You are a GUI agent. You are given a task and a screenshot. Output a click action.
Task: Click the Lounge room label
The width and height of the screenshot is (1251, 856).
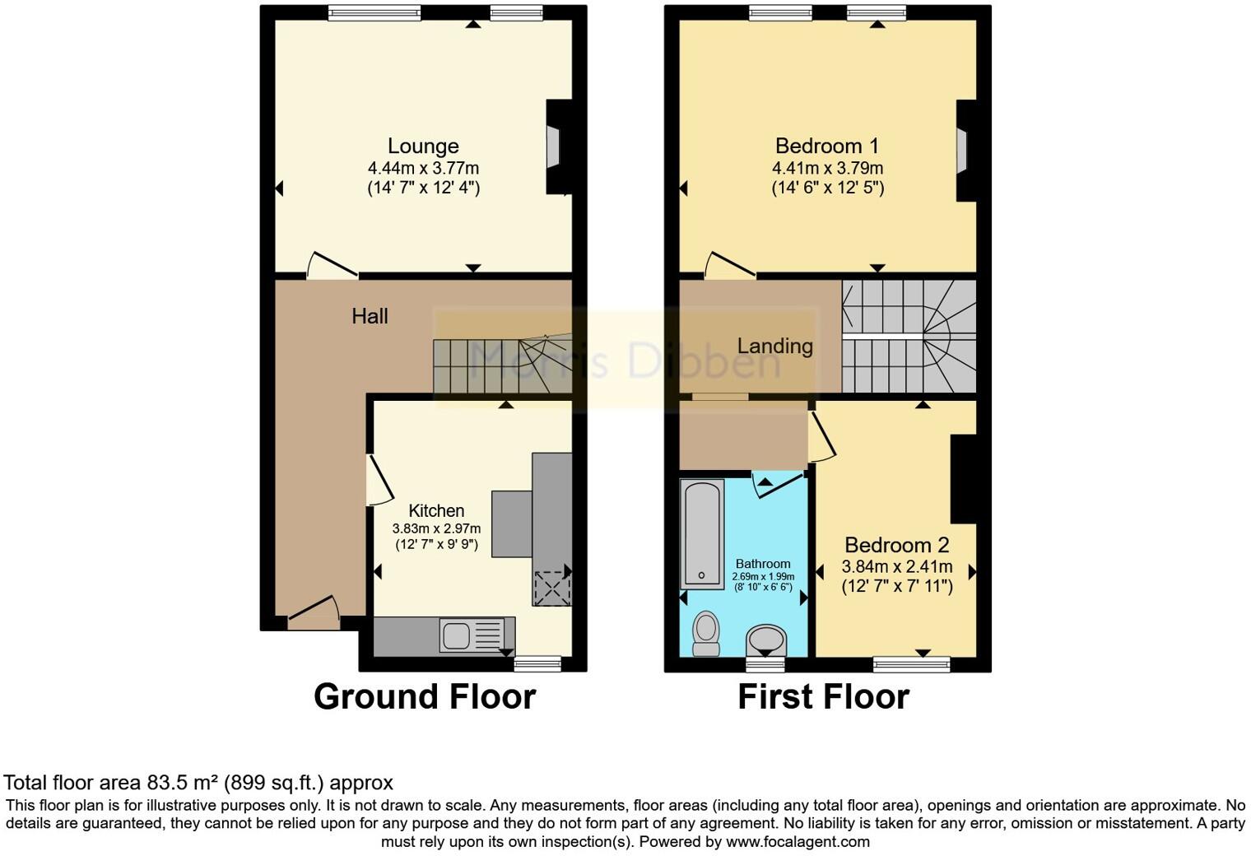click(x=423, y=147)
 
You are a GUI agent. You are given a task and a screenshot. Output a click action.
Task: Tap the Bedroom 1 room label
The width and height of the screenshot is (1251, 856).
click(x=827, y=147)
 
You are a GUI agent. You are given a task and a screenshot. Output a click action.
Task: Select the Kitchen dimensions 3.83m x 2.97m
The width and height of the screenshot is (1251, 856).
click(x=436, y=529)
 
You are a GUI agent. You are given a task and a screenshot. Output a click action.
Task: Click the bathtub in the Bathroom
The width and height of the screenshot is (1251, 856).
click(x=702, y=533)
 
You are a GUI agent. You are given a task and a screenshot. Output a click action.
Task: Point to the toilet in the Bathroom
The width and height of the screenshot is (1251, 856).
click(x=705, y=632)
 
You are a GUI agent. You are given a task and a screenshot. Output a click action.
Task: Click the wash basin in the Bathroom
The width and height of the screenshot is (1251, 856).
click(x=766, y=639)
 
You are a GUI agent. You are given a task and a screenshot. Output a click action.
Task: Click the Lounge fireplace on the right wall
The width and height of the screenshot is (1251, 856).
click(x=555, y=147)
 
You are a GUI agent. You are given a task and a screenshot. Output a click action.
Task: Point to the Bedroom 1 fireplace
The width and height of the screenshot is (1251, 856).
click(x=962, y=151)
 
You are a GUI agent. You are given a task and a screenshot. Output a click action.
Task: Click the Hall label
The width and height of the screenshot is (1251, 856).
click(x=370, y=316)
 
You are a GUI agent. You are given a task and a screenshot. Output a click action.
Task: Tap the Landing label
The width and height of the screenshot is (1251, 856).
click(x=774, y=347)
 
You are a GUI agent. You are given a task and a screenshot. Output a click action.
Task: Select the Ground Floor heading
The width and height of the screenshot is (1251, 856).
click(x=425, y=696)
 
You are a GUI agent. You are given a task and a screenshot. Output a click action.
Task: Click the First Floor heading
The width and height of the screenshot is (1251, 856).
click(x=823, y=696)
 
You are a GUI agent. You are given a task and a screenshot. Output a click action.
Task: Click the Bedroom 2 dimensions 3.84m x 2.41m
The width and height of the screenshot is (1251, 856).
click(x=896, y=566)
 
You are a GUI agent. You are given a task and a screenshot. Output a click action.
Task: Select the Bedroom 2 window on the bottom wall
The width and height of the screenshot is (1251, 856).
click(x=911, y=663)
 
